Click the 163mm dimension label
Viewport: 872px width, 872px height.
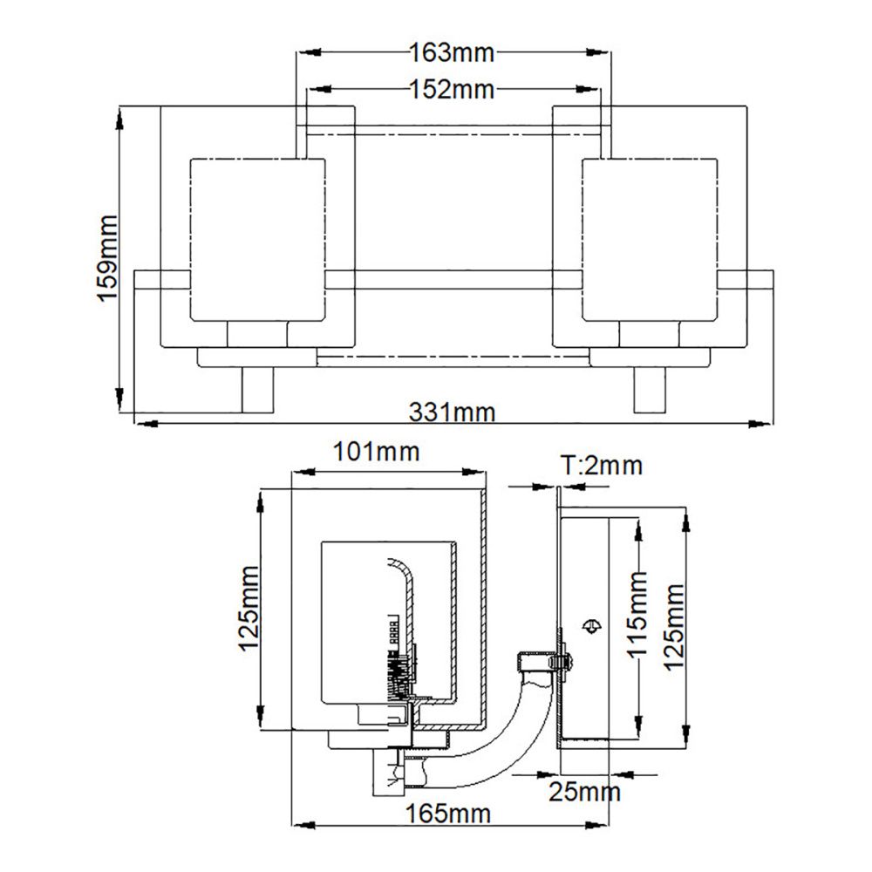[x=452, y=53]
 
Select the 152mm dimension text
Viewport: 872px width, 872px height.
[x=452, y=89]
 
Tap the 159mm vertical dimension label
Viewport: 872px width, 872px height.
[x=108, y=259]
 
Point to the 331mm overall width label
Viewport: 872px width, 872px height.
[x=452, y=412]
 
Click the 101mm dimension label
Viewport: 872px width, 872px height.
[x=376, y=452]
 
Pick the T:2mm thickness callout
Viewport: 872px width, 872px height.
[x=601, y=465]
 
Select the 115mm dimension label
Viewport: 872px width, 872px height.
[x=637, y=614]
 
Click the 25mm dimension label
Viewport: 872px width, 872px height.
[x=584, y=792]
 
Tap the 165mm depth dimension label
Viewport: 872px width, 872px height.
[x=448, y=814]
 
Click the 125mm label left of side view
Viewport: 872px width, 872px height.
[x=249, y=608]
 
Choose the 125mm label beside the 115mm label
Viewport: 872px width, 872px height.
[x=674, y=627]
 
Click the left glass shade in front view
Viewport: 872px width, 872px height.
[x=257, y=240]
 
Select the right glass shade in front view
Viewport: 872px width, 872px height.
[x=650, y=240]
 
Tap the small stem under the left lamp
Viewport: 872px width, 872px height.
[x=257, y=390]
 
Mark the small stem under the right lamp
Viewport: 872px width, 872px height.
[x=650, y=390]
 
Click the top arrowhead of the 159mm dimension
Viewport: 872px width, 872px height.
[x=119, y=119]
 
